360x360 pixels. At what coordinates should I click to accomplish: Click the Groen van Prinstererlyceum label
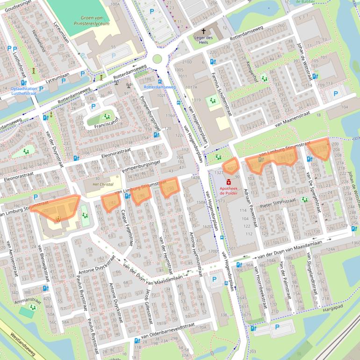(91, 20)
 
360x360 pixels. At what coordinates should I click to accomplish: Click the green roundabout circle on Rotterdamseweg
(157, 59)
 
